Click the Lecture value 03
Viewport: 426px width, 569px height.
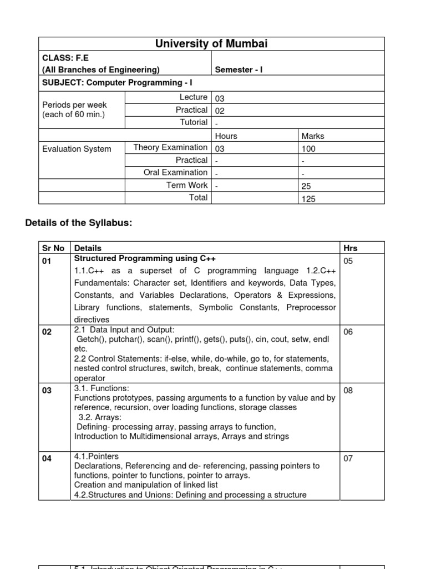coord(220,98)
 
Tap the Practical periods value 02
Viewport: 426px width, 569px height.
coord(220,111)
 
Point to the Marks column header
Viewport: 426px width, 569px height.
coord(313,136)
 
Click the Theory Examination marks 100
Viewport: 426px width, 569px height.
coord(308,149)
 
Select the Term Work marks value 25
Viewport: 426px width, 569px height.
coord(306,187)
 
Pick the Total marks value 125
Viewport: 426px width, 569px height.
coord(308,199)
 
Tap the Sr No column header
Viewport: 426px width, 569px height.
coord(54,248)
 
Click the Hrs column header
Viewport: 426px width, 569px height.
coord(351,248)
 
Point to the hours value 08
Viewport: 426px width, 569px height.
coord(348,391)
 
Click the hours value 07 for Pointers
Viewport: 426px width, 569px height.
coord(348,459)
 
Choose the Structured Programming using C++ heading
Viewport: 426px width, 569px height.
coord(145,259)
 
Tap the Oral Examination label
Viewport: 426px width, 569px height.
coord(175,172)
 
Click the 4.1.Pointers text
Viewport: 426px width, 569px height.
coord(97,456)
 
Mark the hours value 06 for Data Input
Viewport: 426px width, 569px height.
coord(348,332)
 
